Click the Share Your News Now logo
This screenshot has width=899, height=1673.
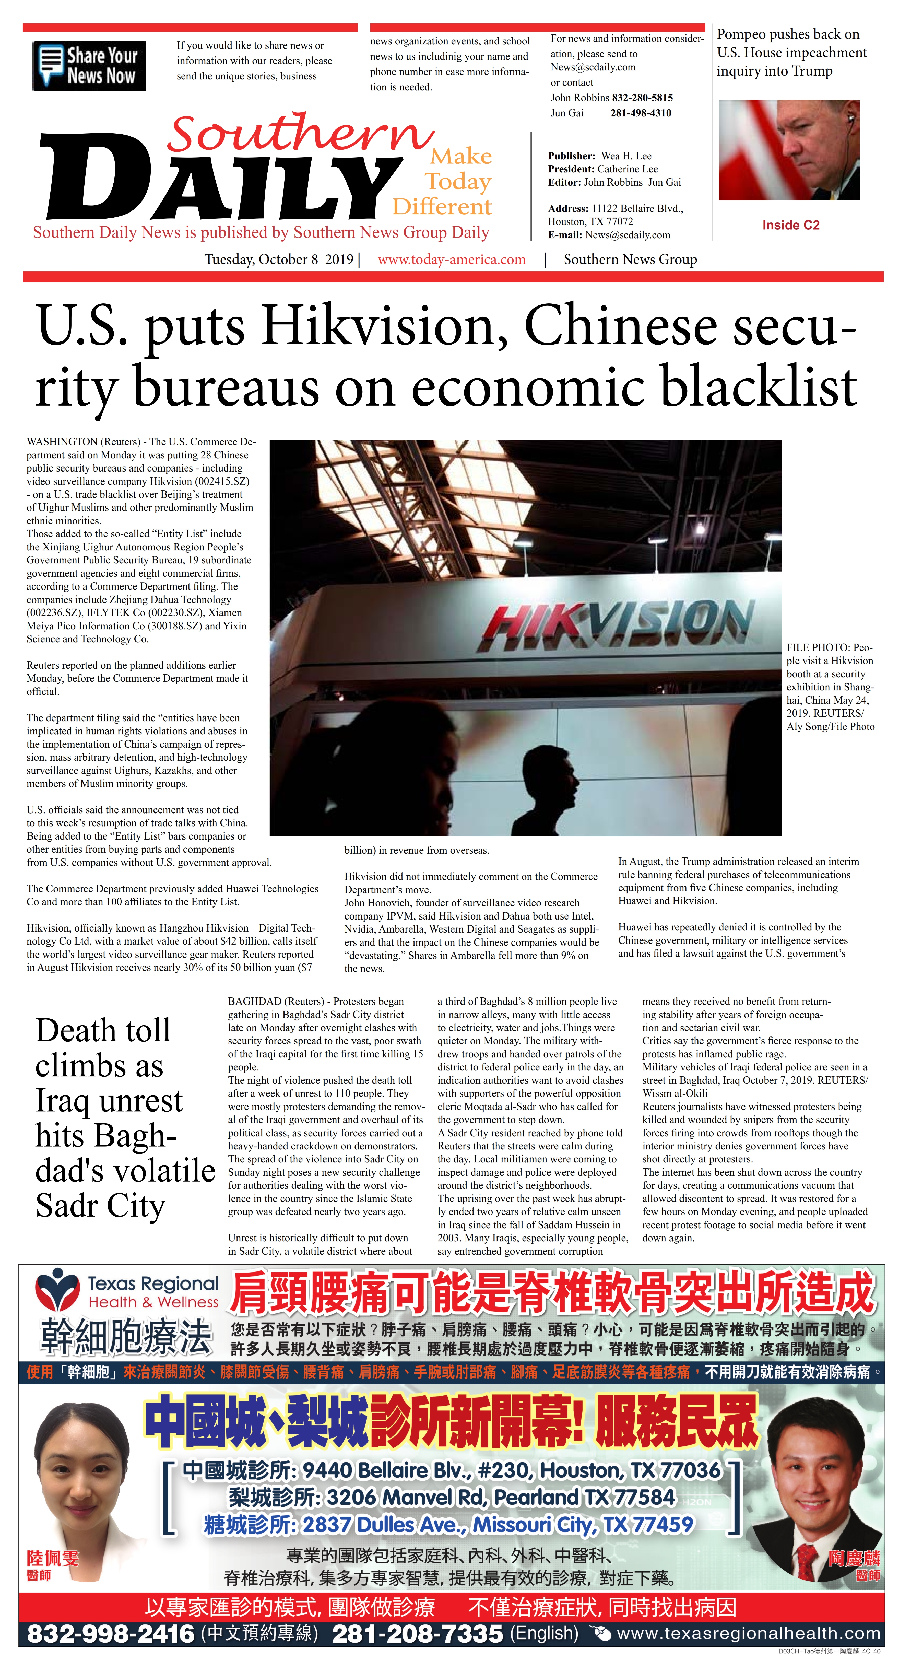point(89,66)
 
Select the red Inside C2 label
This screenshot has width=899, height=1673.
point(790,225)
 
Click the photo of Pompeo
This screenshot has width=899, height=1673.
point(789,150)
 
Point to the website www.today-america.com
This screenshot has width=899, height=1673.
point(452,260)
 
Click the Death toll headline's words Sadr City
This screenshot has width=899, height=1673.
point(101,1207)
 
